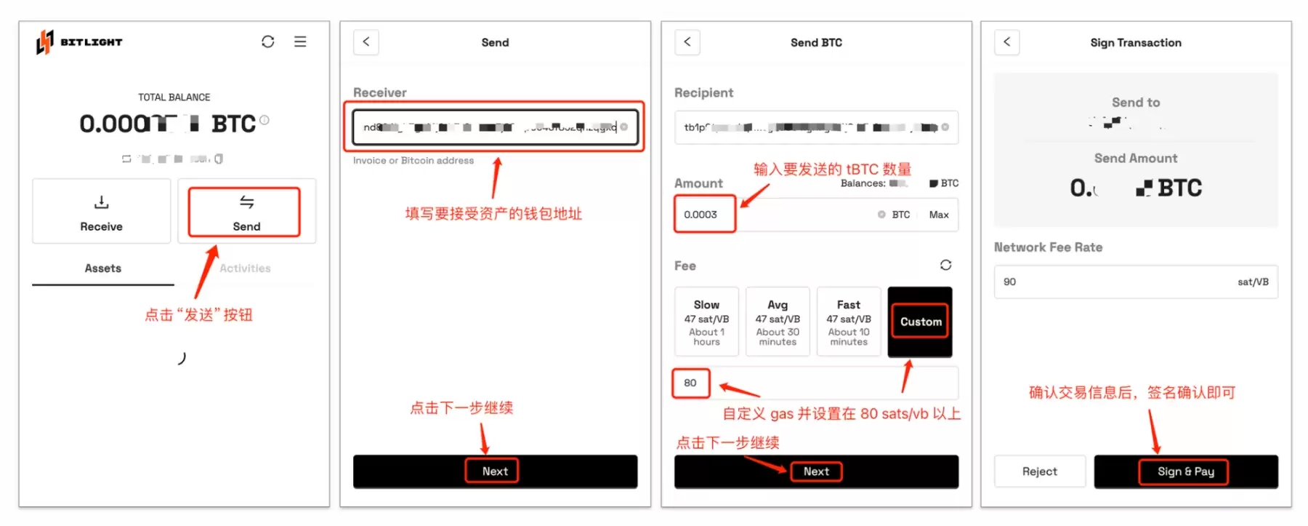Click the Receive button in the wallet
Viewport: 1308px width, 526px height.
[101, 212]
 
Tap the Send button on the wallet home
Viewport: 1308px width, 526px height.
[246, 212]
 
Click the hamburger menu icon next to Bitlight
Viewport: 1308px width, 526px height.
[300, 41]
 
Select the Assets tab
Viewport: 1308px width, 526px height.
[102, 268]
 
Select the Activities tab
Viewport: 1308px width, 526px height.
[245, 268]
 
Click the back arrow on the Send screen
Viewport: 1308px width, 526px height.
[366, 41]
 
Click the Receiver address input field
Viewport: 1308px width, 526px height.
[494, 127]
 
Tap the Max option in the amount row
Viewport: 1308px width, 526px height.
[938, 215]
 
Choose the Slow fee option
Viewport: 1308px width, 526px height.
[706, 322]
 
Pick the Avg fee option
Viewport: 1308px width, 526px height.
[778, 322]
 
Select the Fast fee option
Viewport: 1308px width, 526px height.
[848, 322]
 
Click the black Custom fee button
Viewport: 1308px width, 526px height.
[920, 322]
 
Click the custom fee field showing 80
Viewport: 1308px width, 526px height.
[691, 383]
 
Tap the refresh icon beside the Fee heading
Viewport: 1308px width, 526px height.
[945, 265]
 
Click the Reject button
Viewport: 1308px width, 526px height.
[1039, 471]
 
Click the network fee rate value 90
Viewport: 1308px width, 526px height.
[1011, 282]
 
